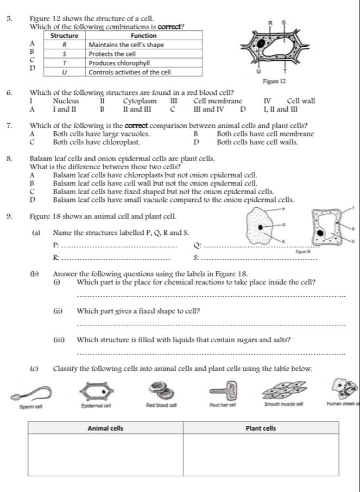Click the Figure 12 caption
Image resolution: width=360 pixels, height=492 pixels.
coord(274,81)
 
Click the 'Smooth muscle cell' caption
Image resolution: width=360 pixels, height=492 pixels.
coord(285,405)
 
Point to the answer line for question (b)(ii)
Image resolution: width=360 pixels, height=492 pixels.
coord(212,325)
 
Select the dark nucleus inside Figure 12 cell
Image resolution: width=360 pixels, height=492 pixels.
coord(263,41)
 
